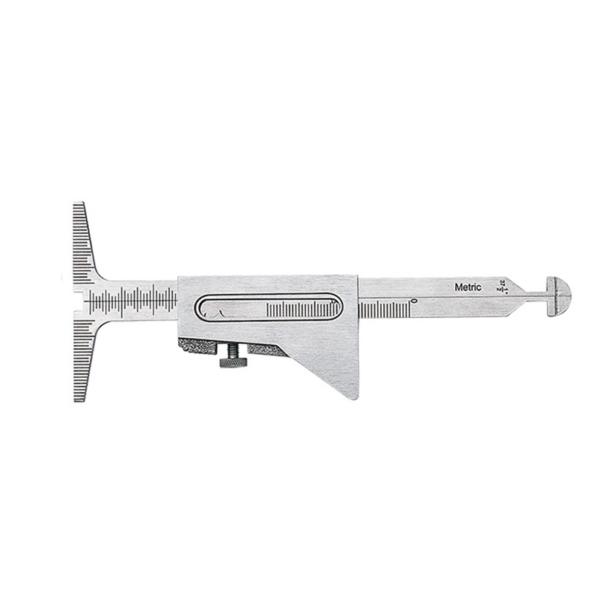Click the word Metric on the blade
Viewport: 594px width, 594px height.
coord(468,287)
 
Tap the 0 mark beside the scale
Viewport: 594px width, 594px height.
coord(413,301)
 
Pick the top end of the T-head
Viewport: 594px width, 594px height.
coord(79,206)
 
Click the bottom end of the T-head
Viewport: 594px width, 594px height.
coord(79,397)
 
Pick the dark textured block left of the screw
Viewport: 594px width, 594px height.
coord(197,347)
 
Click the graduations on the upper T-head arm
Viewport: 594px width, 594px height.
coord(82,245)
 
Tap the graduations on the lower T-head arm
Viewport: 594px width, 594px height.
coord(82,356)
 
